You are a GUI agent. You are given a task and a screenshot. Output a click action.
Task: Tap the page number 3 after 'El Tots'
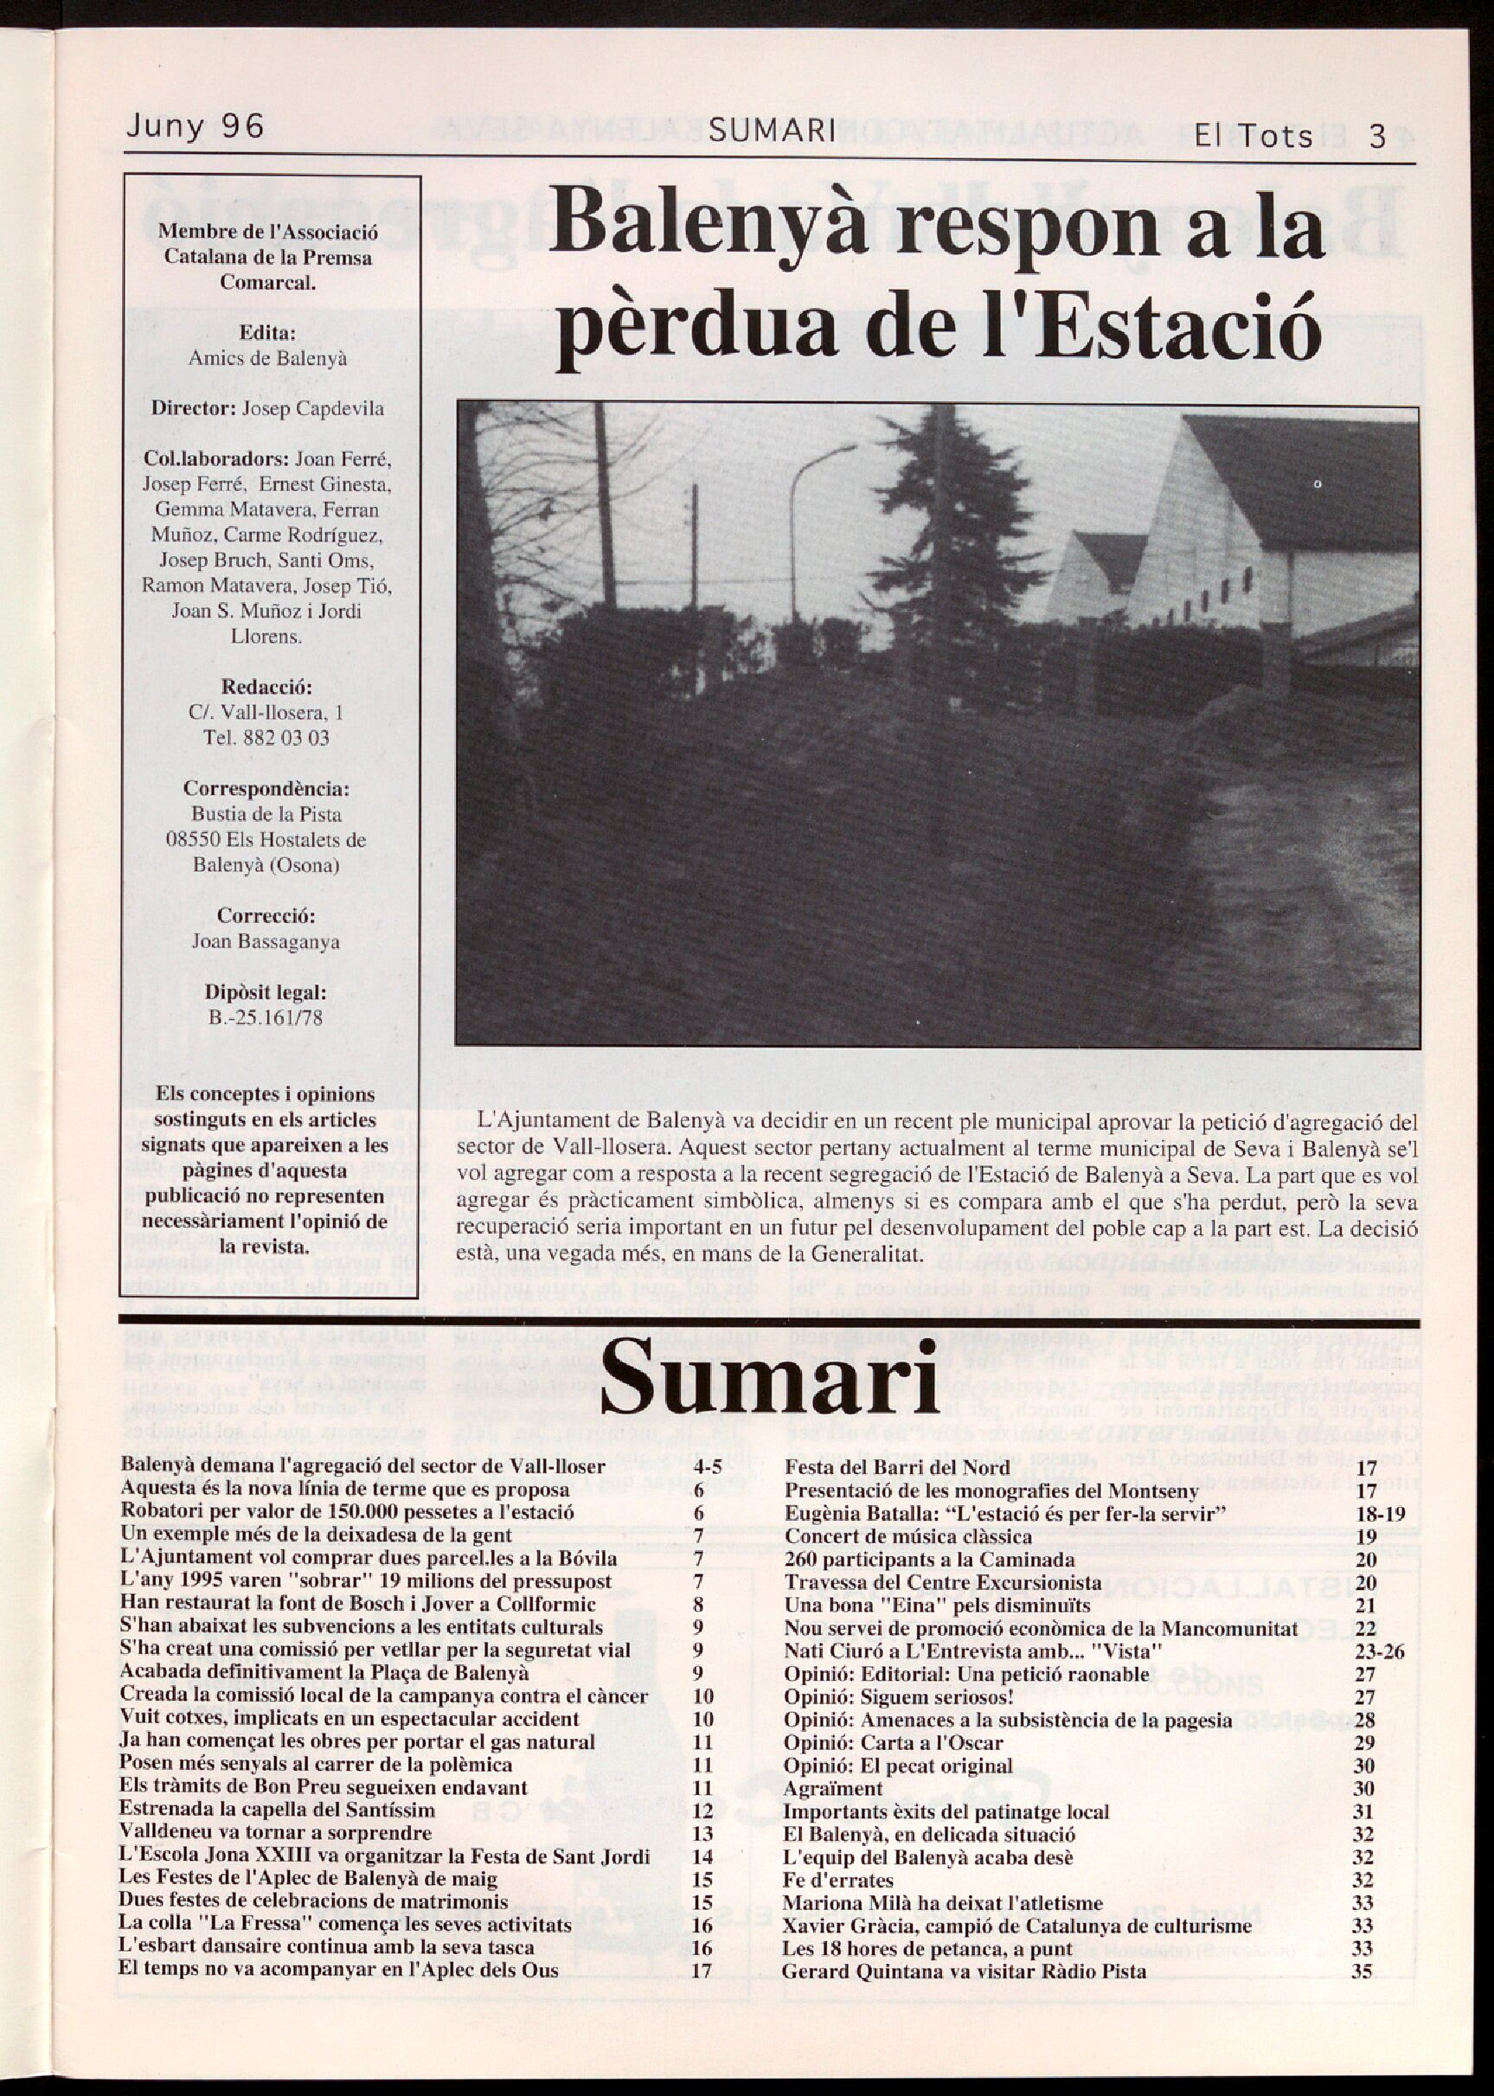point(1377,137)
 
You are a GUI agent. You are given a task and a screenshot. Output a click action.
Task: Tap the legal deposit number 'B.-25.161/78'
point(266,1018)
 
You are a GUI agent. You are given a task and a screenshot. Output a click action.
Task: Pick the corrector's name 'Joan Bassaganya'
point(266,942)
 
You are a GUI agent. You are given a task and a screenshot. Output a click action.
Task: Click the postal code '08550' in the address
point(190,840)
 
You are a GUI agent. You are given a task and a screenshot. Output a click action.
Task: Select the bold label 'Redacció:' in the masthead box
point(266,687)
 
